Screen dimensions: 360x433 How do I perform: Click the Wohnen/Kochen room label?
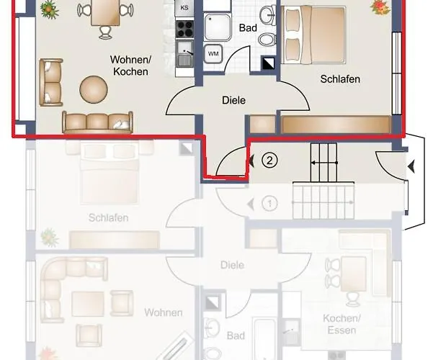click(x=130, y=66)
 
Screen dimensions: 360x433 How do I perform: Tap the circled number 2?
click(x=269, y=161)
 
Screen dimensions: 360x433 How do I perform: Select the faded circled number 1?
click(x=269, y=204)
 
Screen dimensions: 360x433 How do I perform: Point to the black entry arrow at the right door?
click(x=411, y=167)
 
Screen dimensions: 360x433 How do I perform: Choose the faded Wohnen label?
click(x=163, y=312)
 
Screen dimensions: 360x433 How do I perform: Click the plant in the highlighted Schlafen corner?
click(x=378, y=7)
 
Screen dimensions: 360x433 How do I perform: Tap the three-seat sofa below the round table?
click(x=98, y=122)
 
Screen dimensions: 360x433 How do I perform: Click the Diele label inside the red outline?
click(x=233, y=101)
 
